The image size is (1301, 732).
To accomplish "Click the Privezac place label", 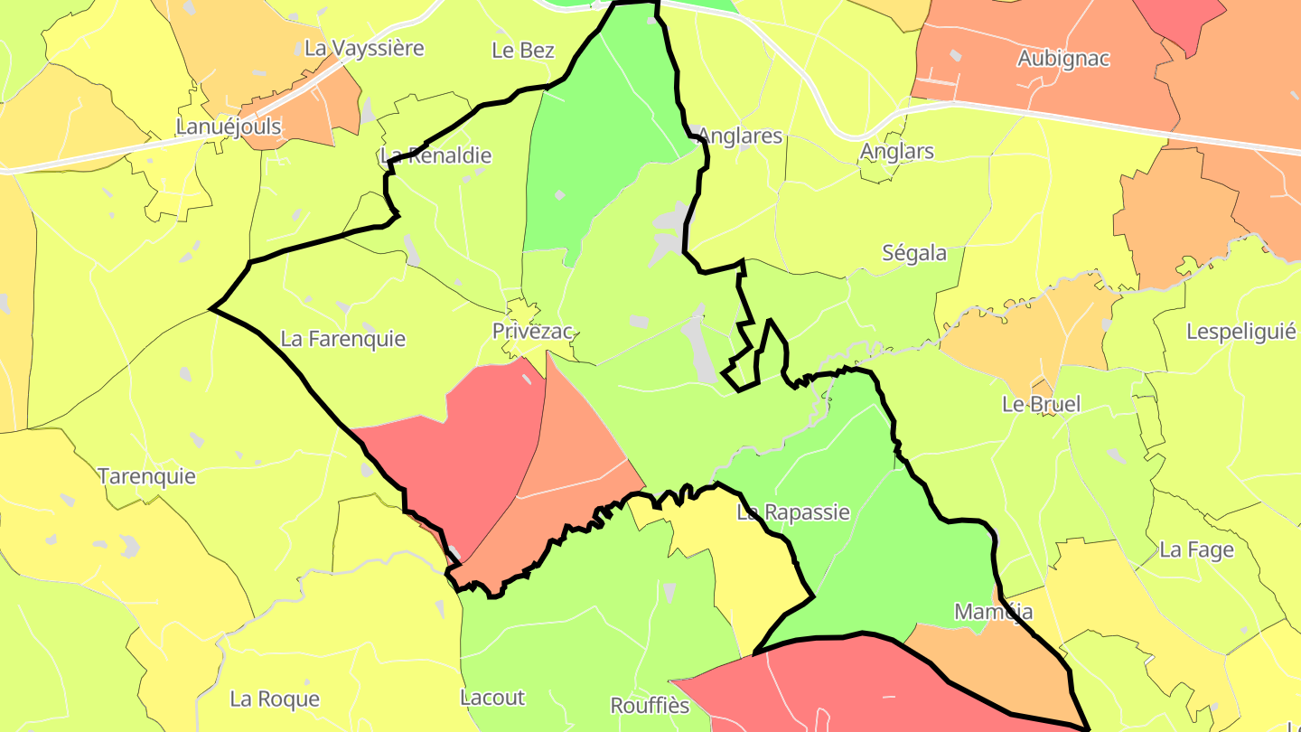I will pos(532,332).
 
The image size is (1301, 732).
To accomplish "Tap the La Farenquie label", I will pos(343,340).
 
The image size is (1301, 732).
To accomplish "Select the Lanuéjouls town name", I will pos(229,127).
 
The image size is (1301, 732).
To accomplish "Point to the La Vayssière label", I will pos(364,48).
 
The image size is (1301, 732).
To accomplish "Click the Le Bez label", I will pos(523,51).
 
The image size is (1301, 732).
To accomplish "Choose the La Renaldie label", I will pos(437,155).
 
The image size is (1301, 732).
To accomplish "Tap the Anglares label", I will pos(740,136).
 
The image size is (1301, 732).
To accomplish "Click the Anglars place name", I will pos(897,151).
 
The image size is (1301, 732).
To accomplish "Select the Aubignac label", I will pos(1063,59).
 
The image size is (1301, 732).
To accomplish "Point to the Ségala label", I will pos(914,253).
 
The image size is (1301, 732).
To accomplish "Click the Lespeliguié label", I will pos(1241,332).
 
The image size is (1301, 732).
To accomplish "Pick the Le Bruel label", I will pos(1041,404).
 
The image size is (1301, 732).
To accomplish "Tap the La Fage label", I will pos(1196,549).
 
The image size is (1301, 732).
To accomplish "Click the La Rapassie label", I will pos(793,512).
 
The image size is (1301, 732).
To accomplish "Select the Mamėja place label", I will pos(994,612).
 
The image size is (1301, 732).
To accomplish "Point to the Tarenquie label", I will pos(146,476).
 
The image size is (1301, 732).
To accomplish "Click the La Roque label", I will pos(275,699).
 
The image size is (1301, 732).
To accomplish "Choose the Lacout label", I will pos(492,698).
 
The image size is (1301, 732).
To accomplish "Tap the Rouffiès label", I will pos(650,706).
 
